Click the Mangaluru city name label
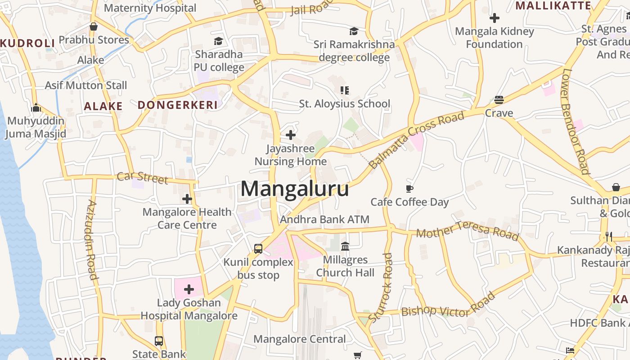(295, 189)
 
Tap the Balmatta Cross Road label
(416, 140)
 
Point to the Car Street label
(142, 177)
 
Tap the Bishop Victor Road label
(448, 305)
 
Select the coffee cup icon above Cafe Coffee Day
(409, 189)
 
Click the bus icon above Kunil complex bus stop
(258, 248)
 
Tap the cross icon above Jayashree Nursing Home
(291, 135)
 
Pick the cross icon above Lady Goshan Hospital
(189, 289)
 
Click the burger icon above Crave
(499, 99)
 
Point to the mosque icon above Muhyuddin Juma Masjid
(36, 108)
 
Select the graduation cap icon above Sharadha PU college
(218, 41)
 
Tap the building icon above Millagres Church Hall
(345, 246)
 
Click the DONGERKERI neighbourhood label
(177, 105)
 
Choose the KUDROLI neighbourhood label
(27, 44)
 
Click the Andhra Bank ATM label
(324, 220)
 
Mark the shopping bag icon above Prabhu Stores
(94, 27)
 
